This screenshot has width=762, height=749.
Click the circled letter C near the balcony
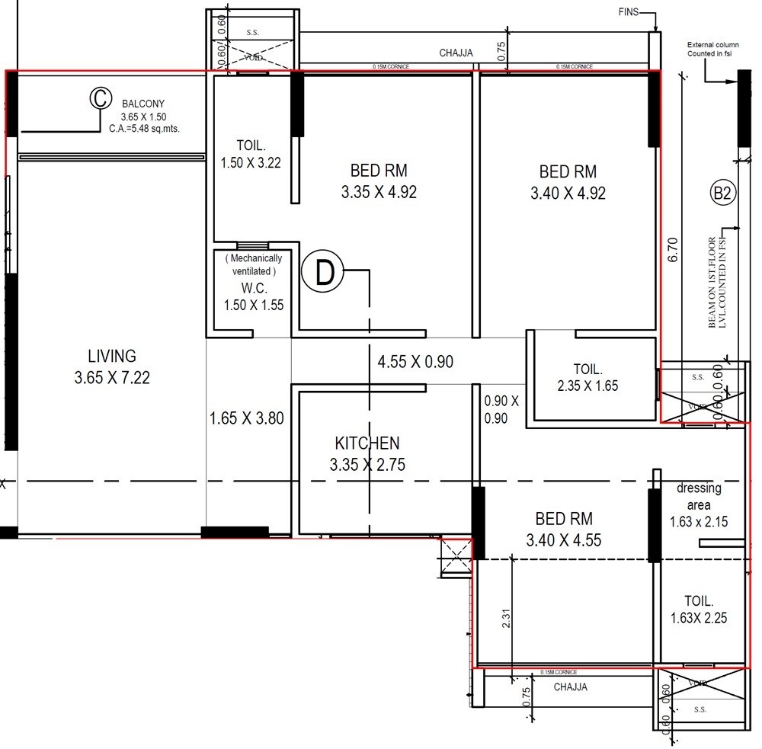(x=99, y=99)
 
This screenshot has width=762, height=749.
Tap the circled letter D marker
(x=325, y=273)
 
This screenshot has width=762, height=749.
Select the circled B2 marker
(x=722, y=194)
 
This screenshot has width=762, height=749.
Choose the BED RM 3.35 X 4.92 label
(x=379, y=181)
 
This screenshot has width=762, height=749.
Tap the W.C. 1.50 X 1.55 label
(x=253, y=296)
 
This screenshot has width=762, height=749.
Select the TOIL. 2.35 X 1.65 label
(x=587, y=377)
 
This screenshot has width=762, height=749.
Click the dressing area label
(x=698, y=505)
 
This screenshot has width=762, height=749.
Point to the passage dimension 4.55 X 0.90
(x=415, y=362)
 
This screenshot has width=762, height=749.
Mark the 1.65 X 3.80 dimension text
(x=247, y=418)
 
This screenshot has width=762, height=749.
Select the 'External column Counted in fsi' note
(x=712, y=50)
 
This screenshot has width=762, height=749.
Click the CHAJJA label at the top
(x=456, y=53)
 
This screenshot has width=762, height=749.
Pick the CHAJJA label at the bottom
(x=570, y=687)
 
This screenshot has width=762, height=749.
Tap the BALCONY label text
(x=143, y=104)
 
